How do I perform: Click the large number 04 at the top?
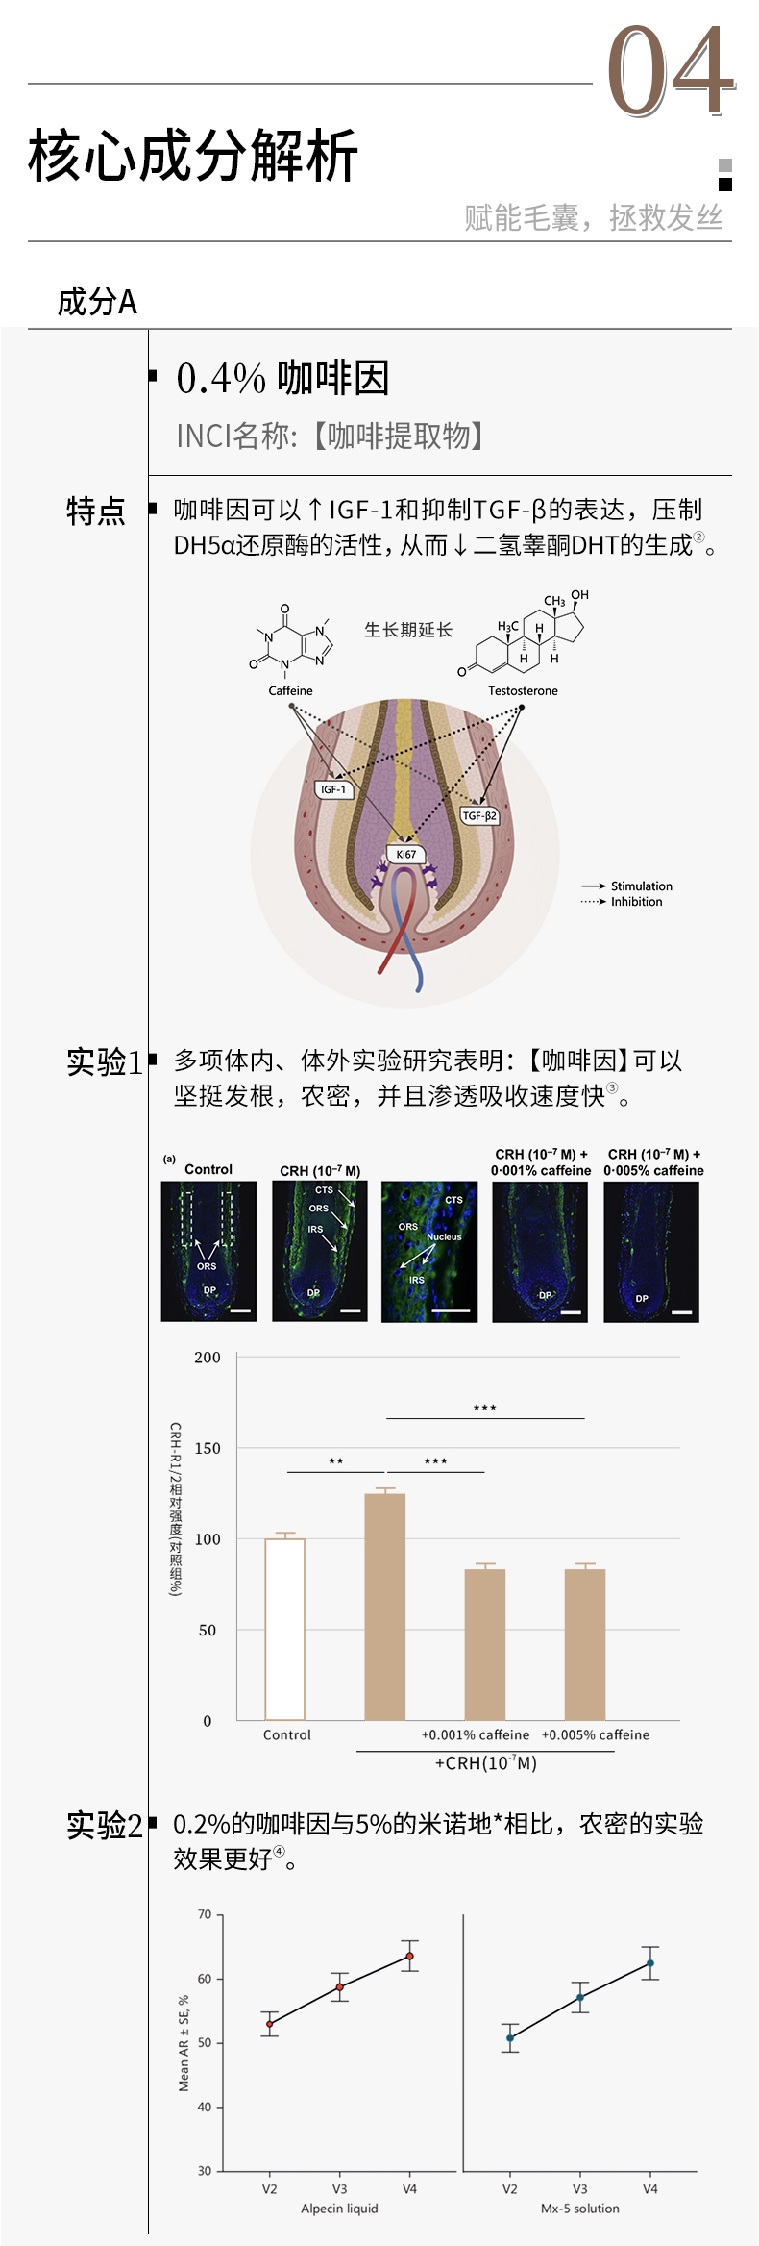[x=671, y=72]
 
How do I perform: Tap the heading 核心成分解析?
[x=193, y=156]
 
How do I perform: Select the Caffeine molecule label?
[x=290, y=690]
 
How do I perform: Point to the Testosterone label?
[x=523, y=690]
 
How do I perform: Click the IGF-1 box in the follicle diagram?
[x=333, y=789]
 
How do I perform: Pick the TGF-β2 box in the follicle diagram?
[x=479, y=815]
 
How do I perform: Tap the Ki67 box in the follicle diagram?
[x=406, y=854]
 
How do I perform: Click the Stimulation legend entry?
[x=641, y=886]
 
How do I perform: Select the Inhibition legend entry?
[x=636, y=902]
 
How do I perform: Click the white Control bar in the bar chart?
[x=284, y=1629]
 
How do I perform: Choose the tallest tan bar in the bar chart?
[x=385, y=1606]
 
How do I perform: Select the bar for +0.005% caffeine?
[x=585, y=1644]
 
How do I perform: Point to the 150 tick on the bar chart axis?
[x=208, y=1448]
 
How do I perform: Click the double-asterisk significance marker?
[x=336, y=1461]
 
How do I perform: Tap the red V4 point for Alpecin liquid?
[x=410, y=1957]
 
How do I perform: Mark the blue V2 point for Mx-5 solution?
[x=510, y=2038]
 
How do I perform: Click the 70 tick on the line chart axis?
[x=205, y=1914]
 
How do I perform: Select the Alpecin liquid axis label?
[x=339, y=2209]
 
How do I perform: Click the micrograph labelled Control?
[x=208, y=1252]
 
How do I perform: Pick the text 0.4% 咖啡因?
[x=282, y=378]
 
